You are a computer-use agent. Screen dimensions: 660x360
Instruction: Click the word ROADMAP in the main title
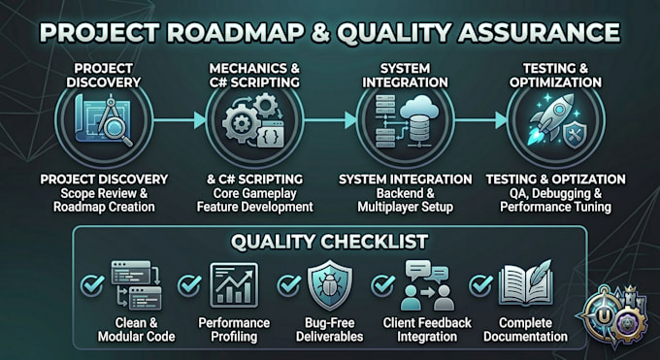pos(233,32)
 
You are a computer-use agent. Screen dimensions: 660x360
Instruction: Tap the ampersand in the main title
pos(321,33)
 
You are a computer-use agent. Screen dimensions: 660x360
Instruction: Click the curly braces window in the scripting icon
pos(270,134)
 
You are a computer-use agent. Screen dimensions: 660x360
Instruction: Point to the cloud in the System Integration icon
pos(419,107)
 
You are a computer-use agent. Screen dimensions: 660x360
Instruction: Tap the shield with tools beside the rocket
pos(575,136)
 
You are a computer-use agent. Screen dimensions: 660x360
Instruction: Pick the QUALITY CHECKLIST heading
pos(329,243)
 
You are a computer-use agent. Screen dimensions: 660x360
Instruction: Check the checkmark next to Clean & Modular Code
pos(92,285)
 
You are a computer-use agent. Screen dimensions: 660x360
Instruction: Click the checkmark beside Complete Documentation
pos(480,285)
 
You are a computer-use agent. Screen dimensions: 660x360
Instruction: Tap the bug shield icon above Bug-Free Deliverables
pos(330,285)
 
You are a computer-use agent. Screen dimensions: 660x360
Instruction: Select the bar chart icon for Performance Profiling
pos(234,285)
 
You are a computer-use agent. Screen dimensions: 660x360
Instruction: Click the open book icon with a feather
pos(525,282)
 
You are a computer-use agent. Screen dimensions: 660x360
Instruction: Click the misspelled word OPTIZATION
pos(588,180)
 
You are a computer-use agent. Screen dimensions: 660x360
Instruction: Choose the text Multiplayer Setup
pos(406,207)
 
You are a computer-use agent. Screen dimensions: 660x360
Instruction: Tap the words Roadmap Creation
pos(104,207)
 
